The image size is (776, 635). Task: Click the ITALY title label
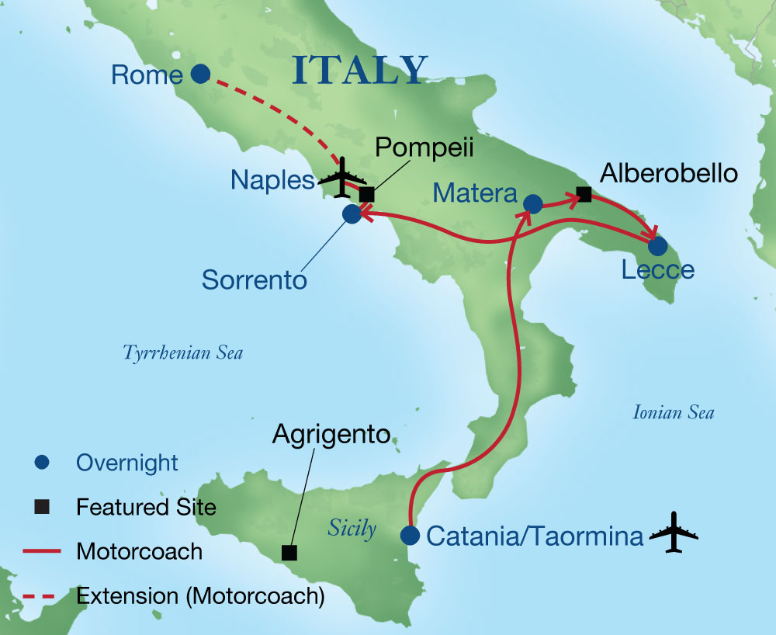[x=361, y=71]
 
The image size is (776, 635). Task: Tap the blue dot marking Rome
[x=200, y=74]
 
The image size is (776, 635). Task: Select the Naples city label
[x=272, y=180]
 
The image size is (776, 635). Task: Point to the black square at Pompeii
[x=367, y=194]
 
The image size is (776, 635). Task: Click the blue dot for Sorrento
[x=352, y=213]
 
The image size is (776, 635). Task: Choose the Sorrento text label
[x=255, y=279]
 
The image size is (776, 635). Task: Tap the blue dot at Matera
[x=532, y=203]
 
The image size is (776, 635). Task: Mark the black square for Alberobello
[x=585, y=195]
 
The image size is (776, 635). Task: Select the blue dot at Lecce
[x=657, y=246]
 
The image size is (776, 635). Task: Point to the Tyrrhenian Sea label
[x=183, y=353]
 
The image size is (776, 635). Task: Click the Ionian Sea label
[x=673, y=412]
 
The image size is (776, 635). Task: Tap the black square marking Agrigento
[x=289, y=553]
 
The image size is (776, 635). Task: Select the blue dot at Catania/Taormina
[x=410, y=536]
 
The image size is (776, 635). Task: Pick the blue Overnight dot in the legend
[x=43, y=463]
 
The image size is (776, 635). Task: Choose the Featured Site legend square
[x=43, y=507]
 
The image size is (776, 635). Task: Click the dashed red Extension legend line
[x=43, y=595]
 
